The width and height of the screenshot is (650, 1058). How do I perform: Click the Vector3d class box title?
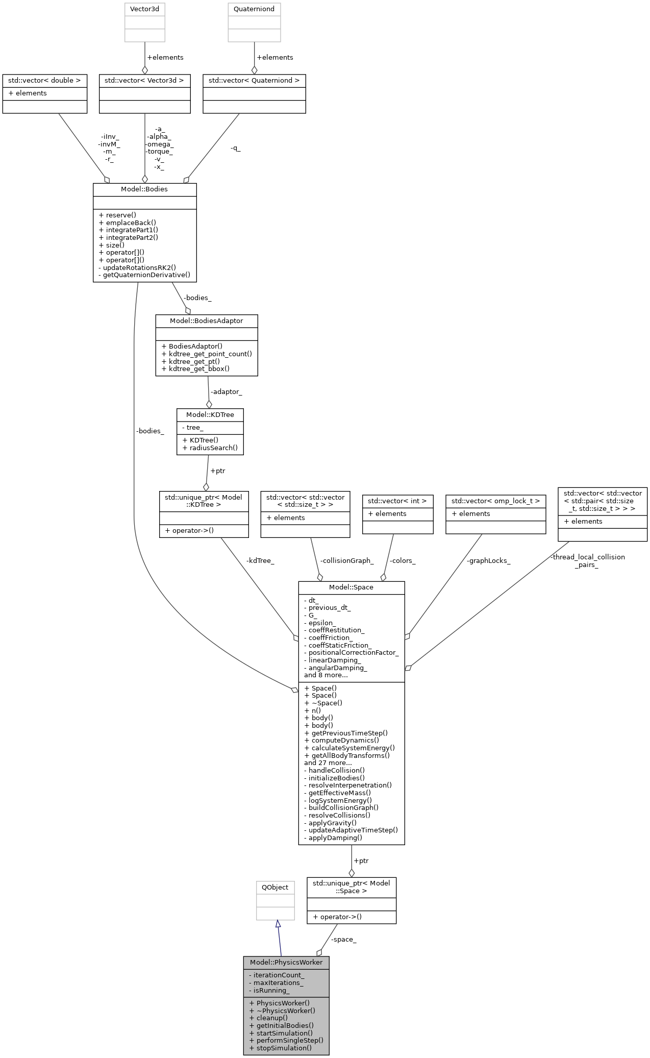pyautogui.click(x=145, y=9)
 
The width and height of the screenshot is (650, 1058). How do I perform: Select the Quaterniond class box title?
pyautogui.click(x=254, y=9)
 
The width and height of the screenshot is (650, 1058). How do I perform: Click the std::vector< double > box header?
pyautogui.click(x=44, y=80)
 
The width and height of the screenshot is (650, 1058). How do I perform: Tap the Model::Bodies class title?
pyautogui.click(x=144, y=189)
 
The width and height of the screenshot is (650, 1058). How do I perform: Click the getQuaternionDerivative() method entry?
pyautogui.click(x=144, y=275)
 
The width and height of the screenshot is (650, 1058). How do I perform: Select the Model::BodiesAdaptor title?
pyautogui.click(x=206, y=321)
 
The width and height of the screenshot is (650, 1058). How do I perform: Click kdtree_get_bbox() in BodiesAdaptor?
pyautogui.click(x=195, y=368)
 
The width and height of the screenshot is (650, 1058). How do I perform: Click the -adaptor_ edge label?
pyautogui.click(x=226, y=392)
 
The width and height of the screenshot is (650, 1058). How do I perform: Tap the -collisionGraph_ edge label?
pyautogui.click(x=346, y=560)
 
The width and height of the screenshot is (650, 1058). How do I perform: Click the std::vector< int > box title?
pyautogui.click(x=397, y=501)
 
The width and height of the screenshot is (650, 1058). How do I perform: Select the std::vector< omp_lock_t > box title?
pyautogui.click(x=495, y=501)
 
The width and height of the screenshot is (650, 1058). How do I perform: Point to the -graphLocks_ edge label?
pyautogui.click(x=488, y=560)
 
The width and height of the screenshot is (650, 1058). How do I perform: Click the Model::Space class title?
pyautogui.click(x=351, y=587)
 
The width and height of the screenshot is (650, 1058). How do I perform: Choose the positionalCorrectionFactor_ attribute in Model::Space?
pyautogui.click(x=351, y=652)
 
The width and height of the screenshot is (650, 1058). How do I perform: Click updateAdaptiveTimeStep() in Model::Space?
pyautogui.click(x=351, y=830)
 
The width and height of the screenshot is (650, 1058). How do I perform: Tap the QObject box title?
pyautogui.click(x=275, y=887)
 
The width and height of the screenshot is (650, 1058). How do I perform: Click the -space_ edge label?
pyautogui.click(x=343, y=939)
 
